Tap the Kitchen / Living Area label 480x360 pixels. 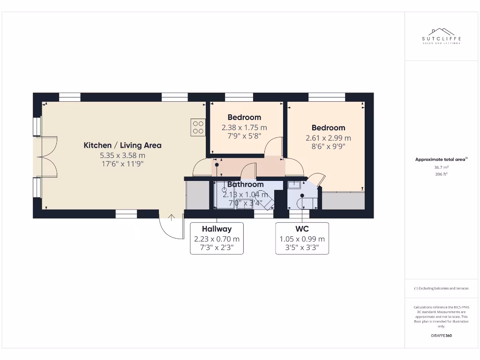click(122, 145)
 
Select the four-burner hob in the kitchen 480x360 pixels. click(198, 127)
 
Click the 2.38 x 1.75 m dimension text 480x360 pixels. click(244, 127)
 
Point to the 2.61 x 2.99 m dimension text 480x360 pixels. click(328, 138)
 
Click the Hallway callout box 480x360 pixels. click(217, 238)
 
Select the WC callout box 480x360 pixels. click(302, 238)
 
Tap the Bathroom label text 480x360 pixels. click(245, 184)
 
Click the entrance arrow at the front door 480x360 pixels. click(172, 217)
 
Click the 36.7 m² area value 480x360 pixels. click(441, 167)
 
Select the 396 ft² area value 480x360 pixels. click(441, 174)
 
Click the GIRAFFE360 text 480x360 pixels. click(441, 336)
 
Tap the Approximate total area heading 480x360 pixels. click(441, 159)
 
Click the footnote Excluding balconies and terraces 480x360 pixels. click(441, 288)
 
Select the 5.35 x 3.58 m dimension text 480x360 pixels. click(122, 155)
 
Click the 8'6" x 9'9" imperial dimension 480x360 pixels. click(328, 146)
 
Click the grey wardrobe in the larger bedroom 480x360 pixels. click(343, 201)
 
